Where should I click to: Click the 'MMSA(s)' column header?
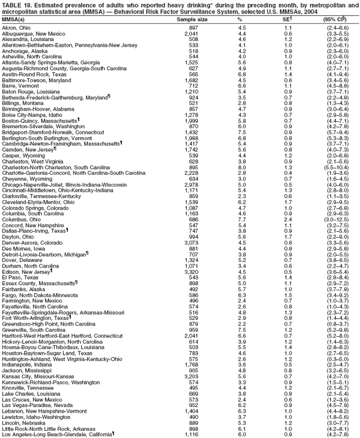click(x=13, y=19)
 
